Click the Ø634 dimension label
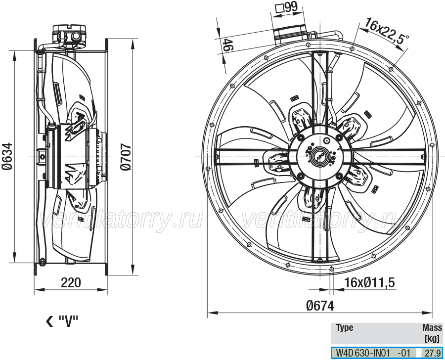[8, 156]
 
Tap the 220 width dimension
[71, 282]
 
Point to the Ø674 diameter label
[320, 306]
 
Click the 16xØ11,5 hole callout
[369, 282]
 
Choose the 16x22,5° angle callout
[387, 32]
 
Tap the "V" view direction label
[68, 321]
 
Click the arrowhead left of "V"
[49, 321]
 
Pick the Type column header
[345, 328]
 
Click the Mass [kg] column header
[432, 333]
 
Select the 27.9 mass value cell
[432, 353]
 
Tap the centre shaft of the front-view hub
[319, 157]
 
